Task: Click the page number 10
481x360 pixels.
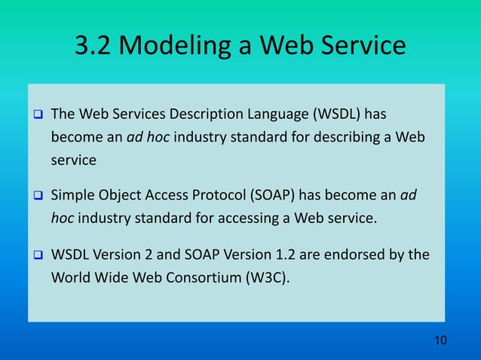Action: (x=440, y=341)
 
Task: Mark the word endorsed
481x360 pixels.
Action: (x=354, y=255)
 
